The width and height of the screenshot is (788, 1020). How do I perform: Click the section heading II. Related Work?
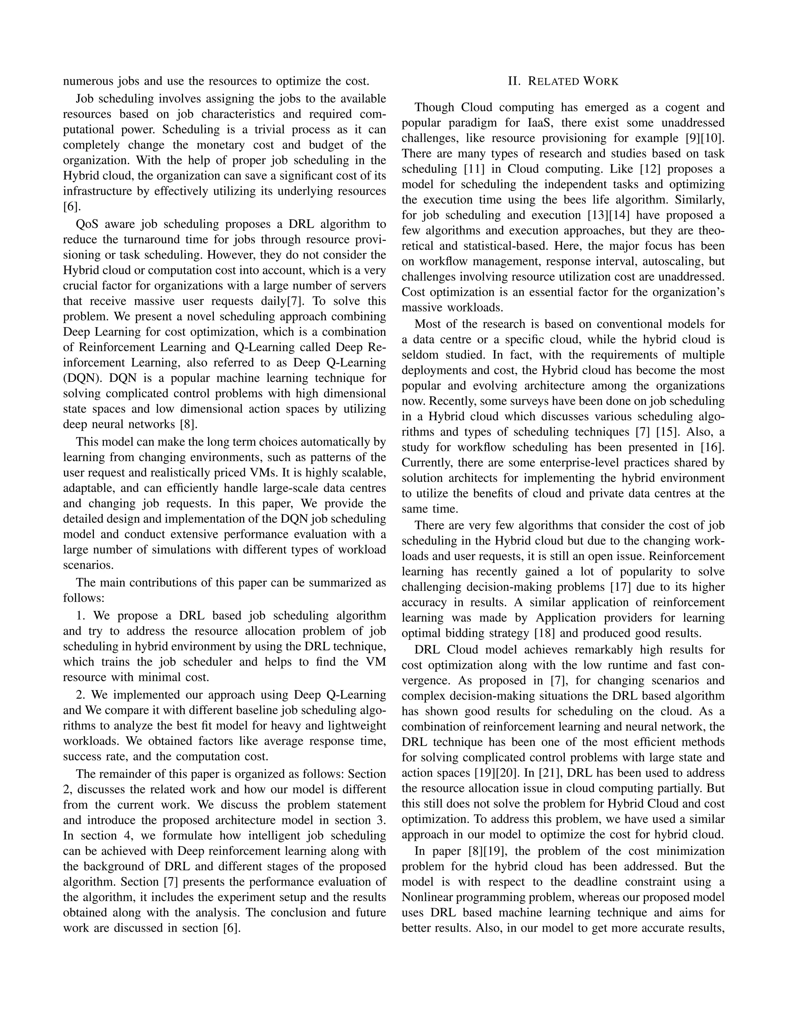[x=563, y=82]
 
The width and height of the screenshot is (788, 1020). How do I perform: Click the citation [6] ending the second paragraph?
[x=72, y=206]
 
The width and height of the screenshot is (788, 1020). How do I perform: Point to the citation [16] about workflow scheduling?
[x=712, y=447]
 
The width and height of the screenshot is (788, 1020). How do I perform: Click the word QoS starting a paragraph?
[x=87, y=224]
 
